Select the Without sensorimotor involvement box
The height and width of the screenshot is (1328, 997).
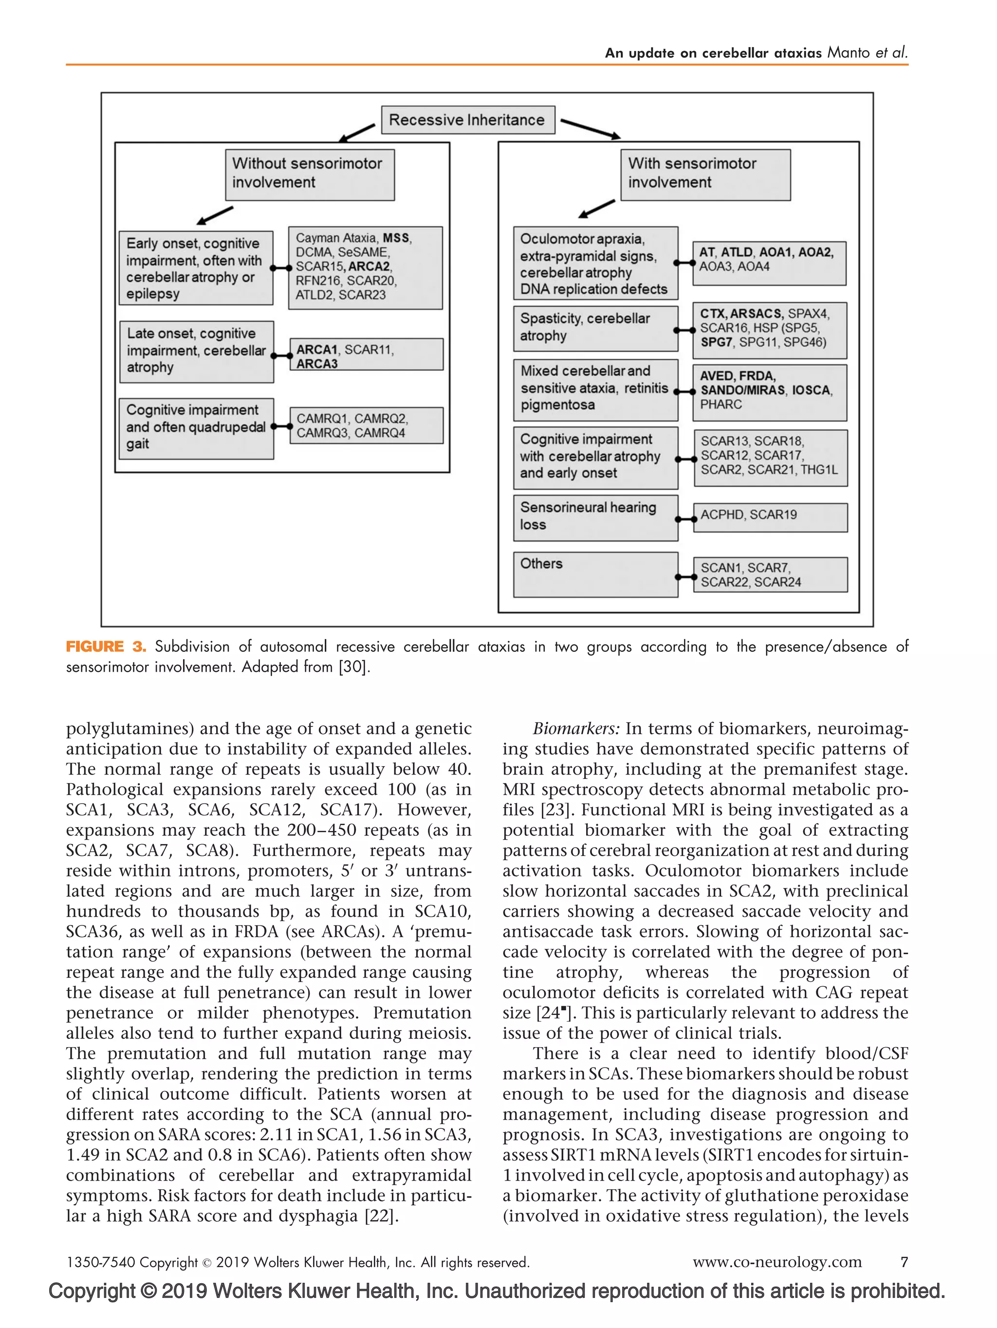pyautogui.click(x=309, y=174)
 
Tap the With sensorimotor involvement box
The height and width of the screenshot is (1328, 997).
pyautogui.click(x=705, y=174)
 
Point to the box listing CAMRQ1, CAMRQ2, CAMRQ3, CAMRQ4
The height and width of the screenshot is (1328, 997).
pyautogui.click(x=366, y=425)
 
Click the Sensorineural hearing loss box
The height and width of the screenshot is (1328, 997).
pyautogui.click(x=595, y=517)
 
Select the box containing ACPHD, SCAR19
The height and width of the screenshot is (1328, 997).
pyautogui.click(x=770, y=517)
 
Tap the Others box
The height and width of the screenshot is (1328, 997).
pyautogui.click(x=595, y=574)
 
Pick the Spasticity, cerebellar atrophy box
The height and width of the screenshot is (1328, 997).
pyautogui.click(x=595, y=329)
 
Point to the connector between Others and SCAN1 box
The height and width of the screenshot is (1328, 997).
pyautogui.click(x=685, y=577)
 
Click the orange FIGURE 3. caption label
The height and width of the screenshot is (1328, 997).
pyautogui.click(x=106, y=646)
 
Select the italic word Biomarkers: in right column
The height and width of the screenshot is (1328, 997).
pyautogui.click(x=575, y=729)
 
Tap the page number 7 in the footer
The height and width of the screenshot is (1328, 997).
pyautogui.click(x=904, y=1262)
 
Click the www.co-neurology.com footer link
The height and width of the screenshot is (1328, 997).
pyautogui.click(x=776, y=1262)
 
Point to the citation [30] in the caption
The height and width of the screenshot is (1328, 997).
pyautogui.click(x=353, y=667)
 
